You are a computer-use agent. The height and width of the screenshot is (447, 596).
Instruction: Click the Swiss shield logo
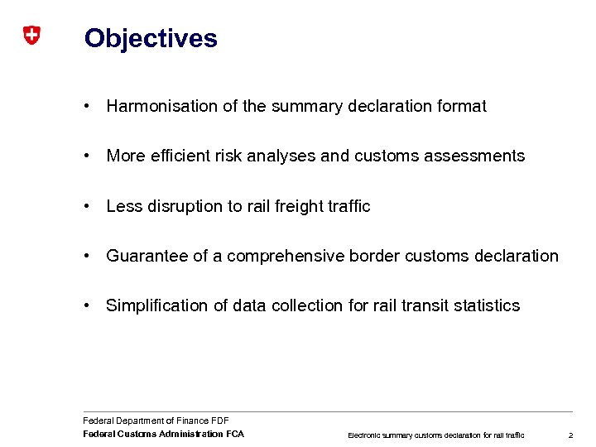pyautogui.click(x=31, y=36)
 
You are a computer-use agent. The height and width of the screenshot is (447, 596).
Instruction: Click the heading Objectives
pyautogui.click(x=151, y=39)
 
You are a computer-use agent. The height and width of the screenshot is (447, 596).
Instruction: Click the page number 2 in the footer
pyautogui.click(x=570, y=435)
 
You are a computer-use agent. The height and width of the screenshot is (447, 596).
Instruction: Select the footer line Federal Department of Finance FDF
pyautogui.click(x=156, y=421)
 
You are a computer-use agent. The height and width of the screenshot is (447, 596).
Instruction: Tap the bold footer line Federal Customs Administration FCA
pyautogui.click(x=163, y=434)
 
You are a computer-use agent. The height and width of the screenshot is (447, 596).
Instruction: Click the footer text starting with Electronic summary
pyautogui.click(x=435, y=435)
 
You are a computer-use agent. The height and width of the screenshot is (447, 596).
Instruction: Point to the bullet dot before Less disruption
pyautogui.click(x=87, y=206)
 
